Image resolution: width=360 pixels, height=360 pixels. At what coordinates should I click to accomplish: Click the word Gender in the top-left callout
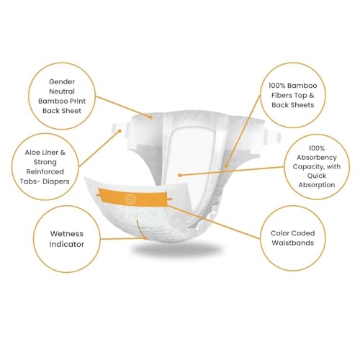tap(62, 82)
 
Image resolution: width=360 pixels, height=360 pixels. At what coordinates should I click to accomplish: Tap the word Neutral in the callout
tap(62, 91)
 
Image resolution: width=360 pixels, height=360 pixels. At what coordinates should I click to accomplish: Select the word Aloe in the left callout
tap(32, 153)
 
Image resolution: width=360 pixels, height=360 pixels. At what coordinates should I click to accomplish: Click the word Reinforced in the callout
tap(45, 172)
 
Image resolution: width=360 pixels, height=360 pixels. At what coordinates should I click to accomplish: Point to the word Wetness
tap(67, 234)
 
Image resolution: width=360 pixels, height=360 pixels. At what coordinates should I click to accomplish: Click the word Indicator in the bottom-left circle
tap(67, 244)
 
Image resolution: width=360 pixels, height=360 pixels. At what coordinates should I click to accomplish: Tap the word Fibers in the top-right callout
tap(282, 95)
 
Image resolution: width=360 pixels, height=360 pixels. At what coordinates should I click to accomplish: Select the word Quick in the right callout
tap(317, 176)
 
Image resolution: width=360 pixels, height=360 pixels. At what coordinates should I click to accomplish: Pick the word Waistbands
tap(293, 243)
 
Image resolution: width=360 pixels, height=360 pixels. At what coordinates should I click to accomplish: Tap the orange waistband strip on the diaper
tap(133, 198)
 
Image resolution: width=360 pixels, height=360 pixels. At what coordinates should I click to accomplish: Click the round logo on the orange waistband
tap(130, 199)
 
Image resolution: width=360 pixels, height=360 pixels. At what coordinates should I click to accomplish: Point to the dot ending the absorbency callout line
tap(180, 176)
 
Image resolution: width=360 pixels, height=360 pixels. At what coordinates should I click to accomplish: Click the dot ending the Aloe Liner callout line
tap(120, 131)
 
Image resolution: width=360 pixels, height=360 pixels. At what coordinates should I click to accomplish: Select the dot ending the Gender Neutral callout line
tap(150, 117)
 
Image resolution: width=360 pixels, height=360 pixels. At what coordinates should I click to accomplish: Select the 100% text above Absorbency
tap(317, 148)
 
